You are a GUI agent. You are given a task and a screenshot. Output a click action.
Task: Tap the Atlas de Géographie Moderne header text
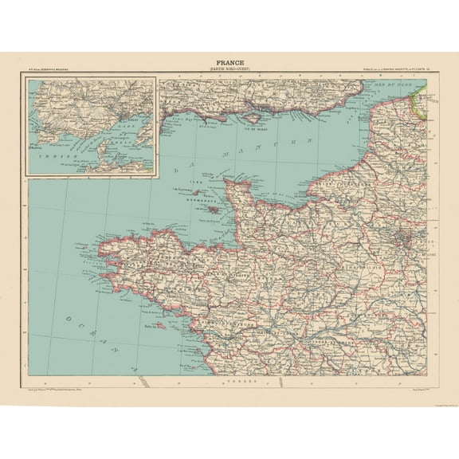(x=50, y=69)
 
